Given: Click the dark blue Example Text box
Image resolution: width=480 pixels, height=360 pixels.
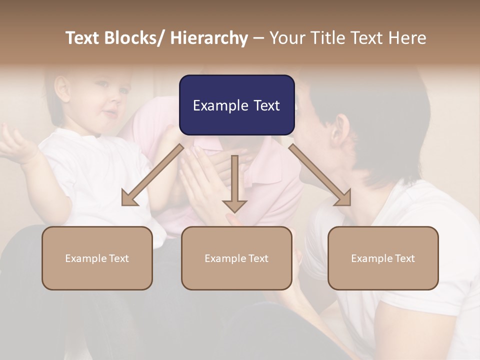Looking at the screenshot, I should click(x=236, y=105).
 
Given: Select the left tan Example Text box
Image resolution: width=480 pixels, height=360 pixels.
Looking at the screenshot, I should click(x=97, y=258).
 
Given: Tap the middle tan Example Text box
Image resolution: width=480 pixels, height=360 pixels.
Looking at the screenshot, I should click(x=236, y=258).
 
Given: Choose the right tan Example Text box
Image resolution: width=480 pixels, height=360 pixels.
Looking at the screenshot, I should click(x=383, y=258).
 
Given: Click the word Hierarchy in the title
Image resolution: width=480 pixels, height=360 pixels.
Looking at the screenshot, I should click(x=208, y=38).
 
